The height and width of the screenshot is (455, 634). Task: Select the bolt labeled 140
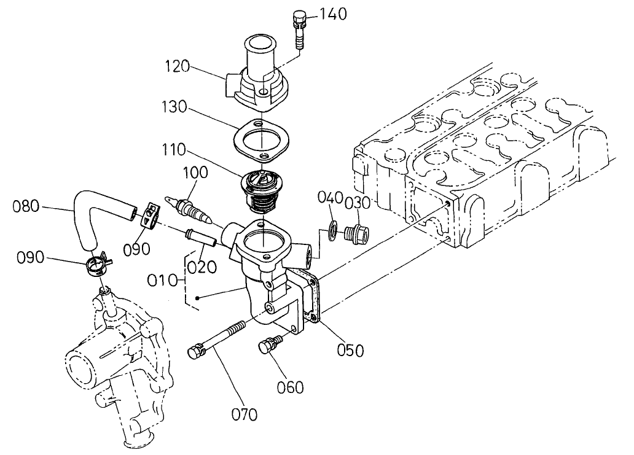(x=299, y=31)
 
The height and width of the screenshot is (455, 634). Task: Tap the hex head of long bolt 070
(x=195, y=352)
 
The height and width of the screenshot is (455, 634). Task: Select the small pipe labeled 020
(x=200, y=236)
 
